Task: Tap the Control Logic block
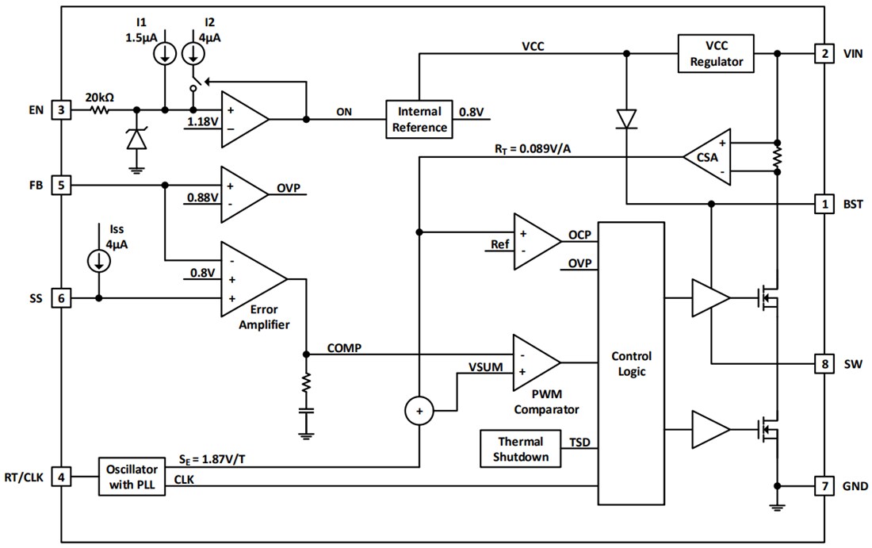tap(630, 363)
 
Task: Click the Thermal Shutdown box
tap(521, 449)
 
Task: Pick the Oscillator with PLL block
tap(132, 477)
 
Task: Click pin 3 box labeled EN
tap(62, 109)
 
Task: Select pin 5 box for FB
tap(62, 185)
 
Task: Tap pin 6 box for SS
tap(62, 298)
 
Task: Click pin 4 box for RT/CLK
tap(62, 477)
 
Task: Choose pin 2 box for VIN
tap(825, 54)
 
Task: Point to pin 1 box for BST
tap(825, 205)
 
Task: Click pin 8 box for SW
tap(825, 364)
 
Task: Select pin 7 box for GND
tap(825, 485)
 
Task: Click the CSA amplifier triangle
tap(709, 157)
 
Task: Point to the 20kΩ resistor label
tap(100, 97)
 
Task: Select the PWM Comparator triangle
tap(534, 362)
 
